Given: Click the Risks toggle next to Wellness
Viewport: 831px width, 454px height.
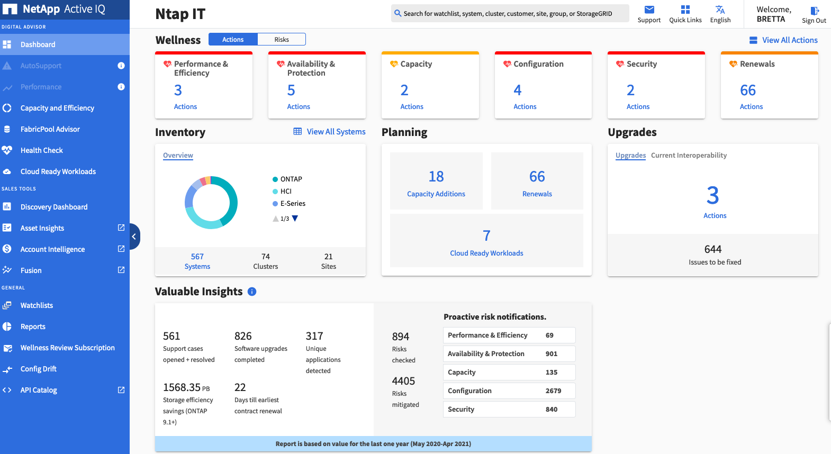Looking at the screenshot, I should pos(282,40).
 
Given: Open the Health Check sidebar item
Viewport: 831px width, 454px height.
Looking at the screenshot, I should pos(41,150).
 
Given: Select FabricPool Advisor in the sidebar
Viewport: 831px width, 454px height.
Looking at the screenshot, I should pos(50,129).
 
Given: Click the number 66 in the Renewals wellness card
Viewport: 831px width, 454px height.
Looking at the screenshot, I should pos(747,90).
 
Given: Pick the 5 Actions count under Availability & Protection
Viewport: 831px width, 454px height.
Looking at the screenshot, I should pos(291,90).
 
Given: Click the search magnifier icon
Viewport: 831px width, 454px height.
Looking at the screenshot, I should pos(398,13).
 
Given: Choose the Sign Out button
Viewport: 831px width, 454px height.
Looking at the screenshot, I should pos(814,14).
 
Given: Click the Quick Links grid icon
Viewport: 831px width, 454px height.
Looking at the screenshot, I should pos(685,10).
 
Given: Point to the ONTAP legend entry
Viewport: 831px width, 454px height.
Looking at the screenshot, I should pos(291,179).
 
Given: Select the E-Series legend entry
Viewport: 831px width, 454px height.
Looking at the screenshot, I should pos(292,204).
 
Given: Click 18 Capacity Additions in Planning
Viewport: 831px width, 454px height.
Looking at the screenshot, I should pos(436,181).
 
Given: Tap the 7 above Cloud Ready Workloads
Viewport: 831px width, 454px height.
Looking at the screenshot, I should pos(486,235).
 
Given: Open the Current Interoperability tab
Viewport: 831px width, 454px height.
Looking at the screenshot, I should pos(688,156).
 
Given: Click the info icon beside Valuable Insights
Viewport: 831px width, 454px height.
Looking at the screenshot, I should pos(252,292).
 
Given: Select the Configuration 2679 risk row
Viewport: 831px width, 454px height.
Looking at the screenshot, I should pos(509,391).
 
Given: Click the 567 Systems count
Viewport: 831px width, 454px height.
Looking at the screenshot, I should pos(197,257).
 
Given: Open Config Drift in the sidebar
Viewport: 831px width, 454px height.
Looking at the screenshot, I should pos(38,369).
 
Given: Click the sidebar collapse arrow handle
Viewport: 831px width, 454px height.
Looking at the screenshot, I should pos(134,237).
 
